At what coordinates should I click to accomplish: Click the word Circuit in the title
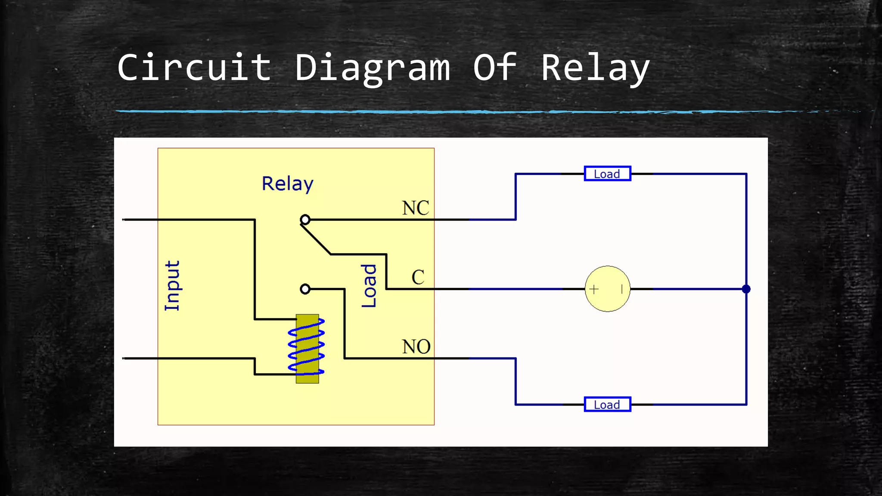coord(194,68)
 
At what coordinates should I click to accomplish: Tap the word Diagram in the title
coord(373,68)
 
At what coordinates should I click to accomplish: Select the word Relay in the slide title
coord(595,68)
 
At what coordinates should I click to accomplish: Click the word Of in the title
coord(495,68)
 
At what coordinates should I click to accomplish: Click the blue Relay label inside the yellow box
coord(288,184)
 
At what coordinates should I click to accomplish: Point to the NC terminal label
coord(416,208)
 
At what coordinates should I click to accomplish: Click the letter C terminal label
coord(418,277)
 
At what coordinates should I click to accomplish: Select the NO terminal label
coord(416,347)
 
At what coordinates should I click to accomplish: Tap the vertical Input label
coord(172,285)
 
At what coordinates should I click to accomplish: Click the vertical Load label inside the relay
coord(369,286)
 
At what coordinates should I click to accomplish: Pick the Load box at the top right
coord(607,174)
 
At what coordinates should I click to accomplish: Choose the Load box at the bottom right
coord(607,404)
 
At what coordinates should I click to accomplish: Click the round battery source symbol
coord(607,289)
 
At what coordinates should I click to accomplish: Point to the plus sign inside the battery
coord(594,289)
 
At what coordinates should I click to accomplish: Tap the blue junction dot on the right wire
coord(746,289)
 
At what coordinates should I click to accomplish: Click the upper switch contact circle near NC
coord(305,220)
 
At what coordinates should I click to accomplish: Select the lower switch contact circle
coord(305,289)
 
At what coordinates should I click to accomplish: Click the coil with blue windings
coord(307,349)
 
